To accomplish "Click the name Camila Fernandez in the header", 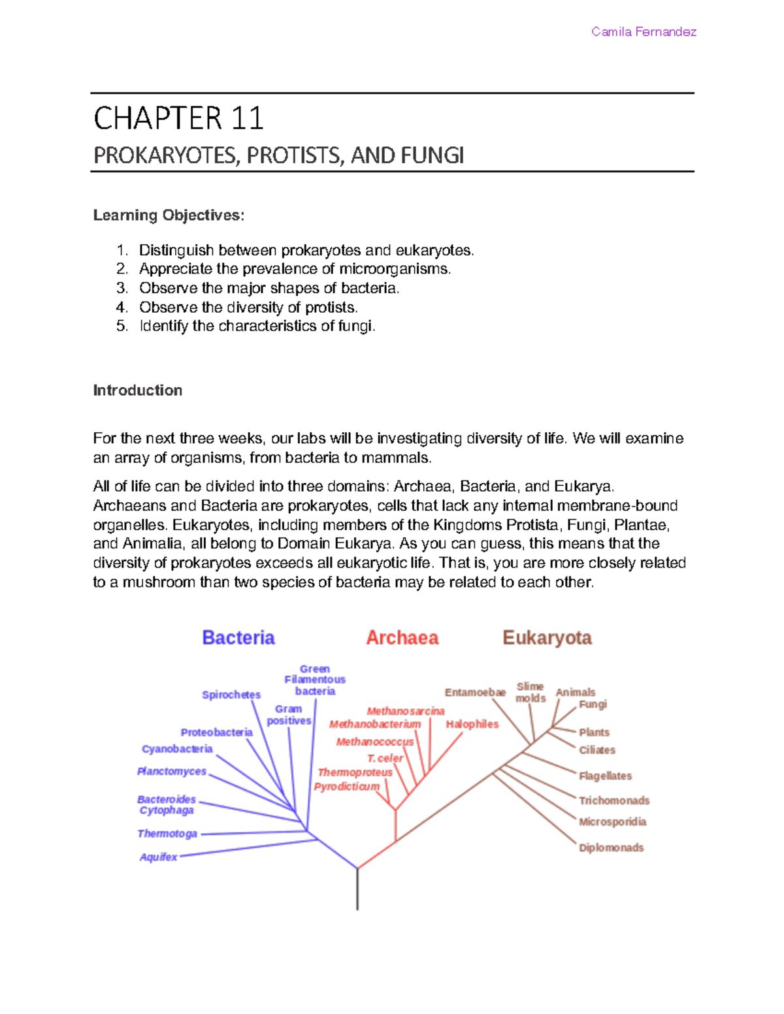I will click(x=644, y=32).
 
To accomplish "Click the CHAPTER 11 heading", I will click(x=178, y=119).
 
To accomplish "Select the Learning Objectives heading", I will click(x=169, y=215).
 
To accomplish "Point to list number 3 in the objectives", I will click(x=122, y=288).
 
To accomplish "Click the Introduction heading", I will click(x=137, y=390).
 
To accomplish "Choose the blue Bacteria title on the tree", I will click(x=238, y=638).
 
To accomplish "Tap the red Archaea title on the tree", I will click(x=402, y=638).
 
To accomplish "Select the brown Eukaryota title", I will click(x=547, y=638).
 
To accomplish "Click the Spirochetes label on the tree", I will click(x=231, y=695).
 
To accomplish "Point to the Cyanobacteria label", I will click(x=177, y=749).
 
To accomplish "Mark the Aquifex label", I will click(x=158, y=857).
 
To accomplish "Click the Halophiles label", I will click(x=472, y=724).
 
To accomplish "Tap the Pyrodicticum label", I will click(x=346, y=787).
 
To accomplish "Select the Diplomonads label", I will click(x=611, y=848).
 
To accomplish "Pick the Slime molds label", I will click(x=530, y=692).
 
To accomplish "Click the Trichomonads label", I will click(x=614, y=800).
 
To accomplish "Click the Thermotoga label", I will click(x=167, y=834).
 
